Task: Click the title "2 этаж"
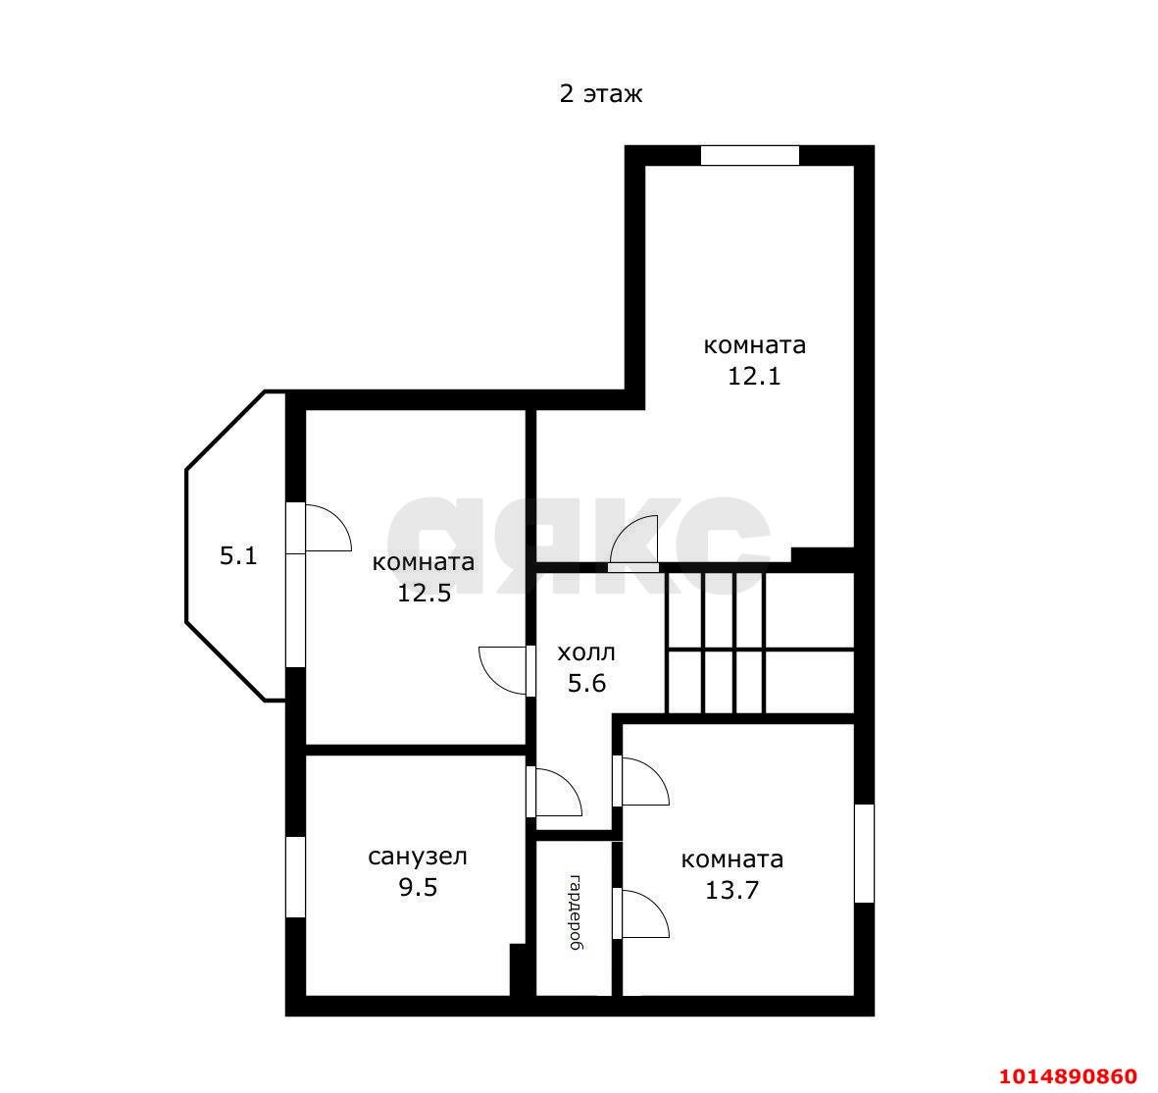click(600, 94)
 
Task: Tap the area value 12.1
click(754, 376)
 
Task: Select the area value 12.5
click(424, 593)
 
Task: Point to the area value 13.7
click(731, 890)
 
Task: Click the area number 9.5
click(418, 887)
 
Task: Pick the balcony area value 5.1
click(238, 555)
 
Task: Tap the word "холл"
click(586, 652)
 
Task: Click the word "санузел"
click(418, 857)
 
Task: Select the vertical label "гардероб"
click(576, 911)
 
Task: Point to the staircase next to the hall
click(761, 643)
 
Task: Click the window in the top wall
click(749, 155)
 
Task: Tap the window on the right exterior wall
click(864, 854)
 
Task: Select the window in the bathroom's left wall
click(295, 877)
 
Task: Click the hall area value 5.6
click(586, 684)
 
